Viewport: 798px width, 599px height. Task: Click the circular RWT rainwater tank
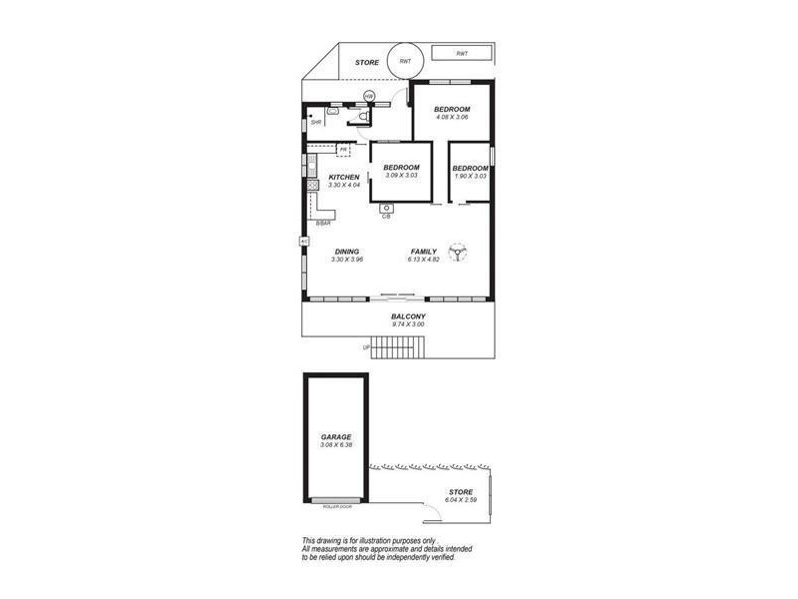(x=404, y=62)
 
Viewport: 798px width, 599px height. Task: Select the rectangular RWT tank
(x=462, y=53)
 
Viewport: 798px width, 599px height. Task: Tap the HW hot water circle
(x=369, y=97)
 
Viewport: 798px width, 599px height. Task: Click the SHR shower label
(x=316, y=123)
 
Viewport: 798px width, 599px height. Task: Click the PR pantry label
(x=343, y=150)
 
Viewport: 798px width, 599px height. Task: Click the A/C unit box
(x=303, y=241)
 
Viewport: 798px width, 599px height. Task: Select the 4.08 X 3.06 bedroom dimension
(x=452, y=118)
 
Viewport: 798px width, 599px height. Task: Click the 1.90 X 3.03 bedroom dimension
(x=470, y=176)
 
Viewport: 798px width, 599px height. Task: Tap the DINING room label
(x=346, y=252)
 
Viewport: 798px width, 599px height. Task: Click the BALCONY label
(x=409, y=316)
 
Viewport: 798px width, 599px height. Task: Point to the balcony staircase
(x=402, y=347)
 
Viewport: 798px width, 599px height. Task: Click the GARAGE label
(x=336, y=437)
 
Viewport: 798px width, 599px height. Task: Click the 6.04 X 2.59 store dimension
(x=460, y=500)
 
